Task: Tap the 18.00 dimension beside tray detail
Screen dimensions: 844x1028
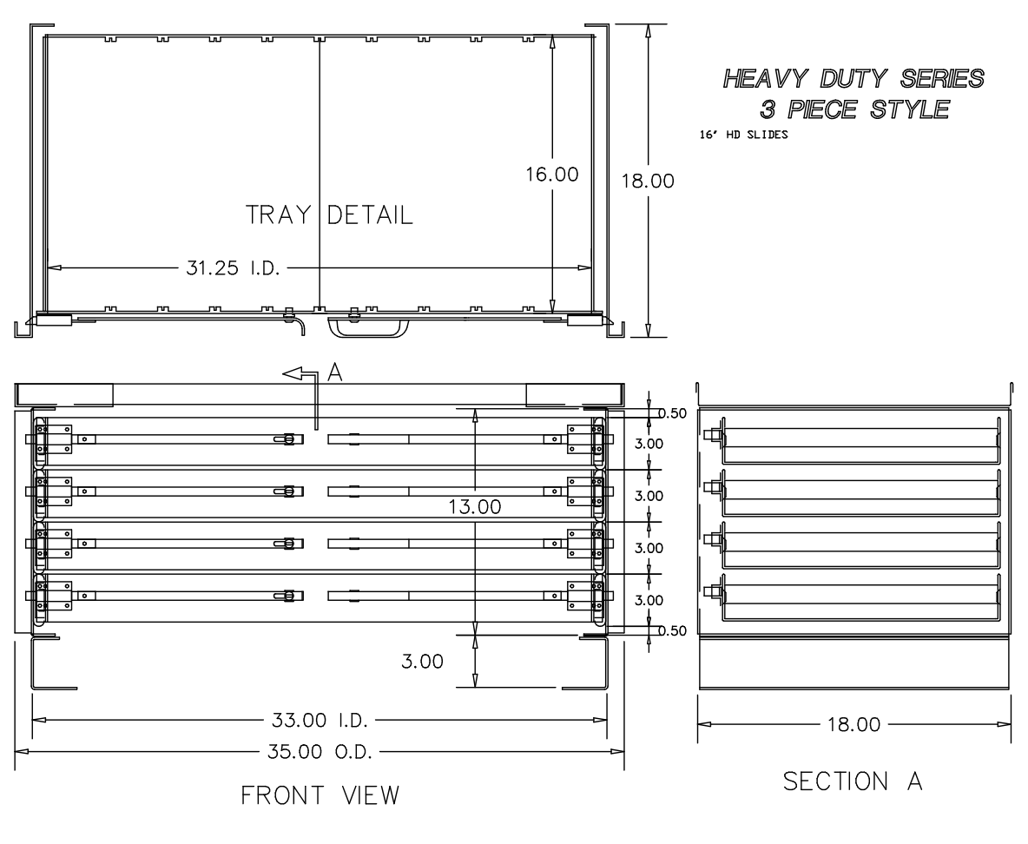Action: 649,181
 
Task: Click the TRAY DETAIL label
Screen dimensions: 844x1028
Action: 330,214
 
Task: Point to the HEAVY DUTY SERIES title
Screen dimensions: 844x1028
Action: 853,79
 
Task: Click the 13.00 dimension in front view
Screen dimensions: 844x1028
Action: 474,507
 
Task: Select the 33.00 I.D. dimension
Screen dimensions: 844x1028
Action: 318,720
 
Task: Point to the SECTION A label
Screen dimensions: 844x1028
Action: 853,781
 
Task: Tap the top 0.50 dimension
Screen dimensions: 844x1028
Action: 671,413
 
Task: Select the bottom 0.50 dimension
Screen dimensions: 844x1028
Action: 671,630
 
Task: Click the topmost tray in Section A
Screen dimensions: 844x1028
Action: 855,442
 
